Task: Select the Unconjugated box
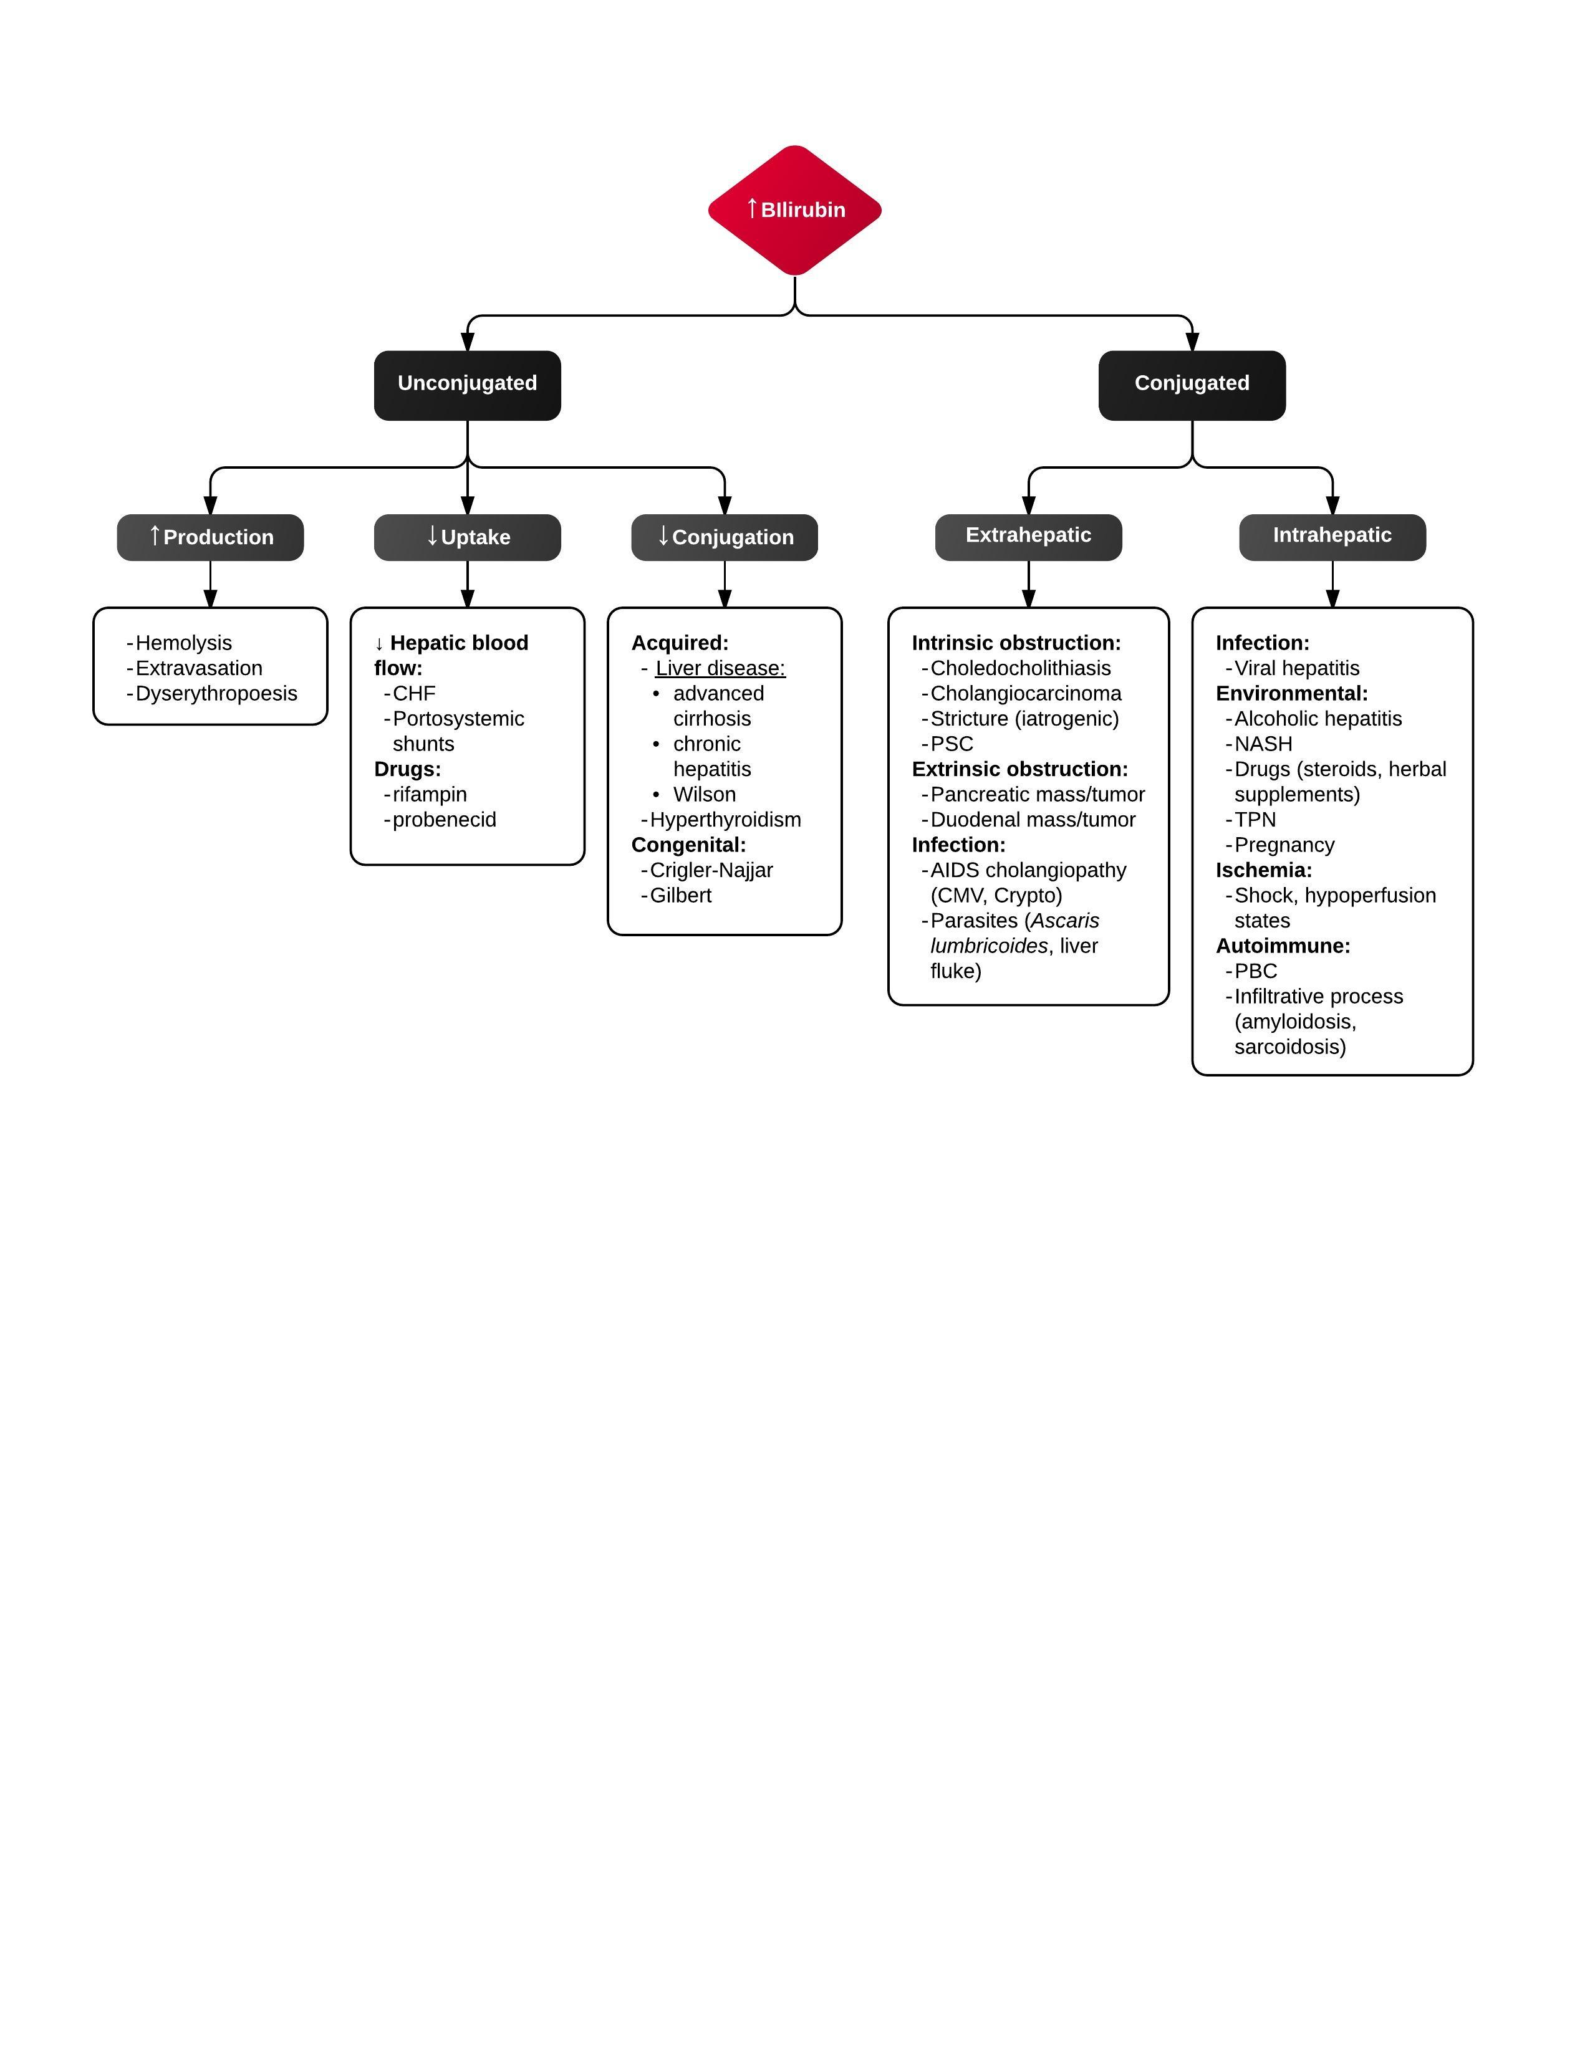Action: [467, 385]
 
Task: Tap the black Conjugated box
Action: [1192, 385]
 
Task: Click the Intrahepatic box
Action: [1332, 537]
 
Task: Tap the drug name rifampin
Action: [430, 795]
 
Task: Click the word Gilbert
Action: [680, 896]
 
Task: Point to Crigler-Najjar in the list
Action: [711, 870]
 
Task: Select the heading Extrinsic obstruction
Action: [1019, 769]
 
